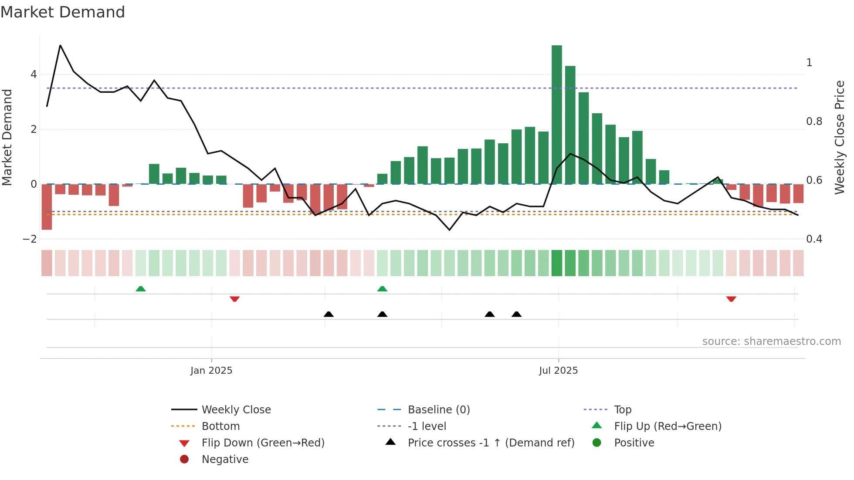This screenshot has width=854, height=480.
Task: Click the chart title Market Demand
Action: (x=63, y=12)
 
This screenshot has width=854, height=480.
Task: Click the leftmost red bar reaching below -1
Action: (x=47, y=206)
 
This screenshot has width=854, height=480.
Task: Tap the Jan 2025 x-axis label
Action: (x=211, y=371)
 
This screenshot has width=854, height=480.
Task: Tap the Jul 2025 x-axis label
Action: (x=558, y=371)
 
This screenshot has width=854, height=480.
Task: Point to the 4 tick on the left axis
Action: (x=34, y=74)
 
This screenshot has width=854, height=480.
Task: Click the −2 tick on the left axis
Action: (x=30, y=239)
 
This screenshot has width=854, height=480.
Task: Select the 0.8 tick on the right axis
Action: (x=814, y=122)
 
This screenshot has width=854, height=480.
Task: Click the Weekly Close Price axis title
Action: (x=839, y=137)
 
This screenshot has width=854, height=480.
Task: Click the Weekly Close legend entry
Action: (x=236, y=410)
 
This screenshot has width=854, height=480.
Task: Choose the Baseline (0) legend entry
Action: (x=438, y=410)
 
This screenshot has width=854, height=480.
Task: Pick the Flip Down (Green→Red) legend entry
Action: (x=263, y=443)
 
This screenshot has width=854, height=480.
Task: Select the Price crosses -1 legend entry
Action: (x=491, y=443)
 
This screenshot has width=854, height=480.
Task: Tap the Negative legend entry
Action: (x=225, y=460)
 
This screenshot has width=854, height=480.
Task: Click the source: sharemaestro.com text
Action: (x=771, y=341)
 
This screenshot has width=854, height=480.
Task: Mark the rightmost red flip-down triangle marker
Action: (x=731, y=299)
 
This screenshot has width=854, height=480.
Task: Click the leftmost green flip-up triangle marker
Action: (x=140, y=289)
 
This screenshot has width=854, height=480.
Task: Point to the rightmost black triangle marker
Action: (x=516, y=314)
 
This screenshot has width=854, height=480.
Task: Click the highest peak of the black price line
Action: (x=60, y=45)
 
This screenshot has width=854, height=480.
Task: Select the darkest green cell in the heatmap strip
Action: (x=556, y=263)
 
